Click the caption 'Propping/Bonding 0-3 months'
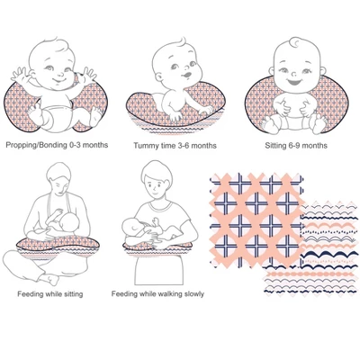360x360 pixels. [57, 145]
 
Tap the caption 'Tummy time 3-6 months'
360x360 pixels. [175, 146]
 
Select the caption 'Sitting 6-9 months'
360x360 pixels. [296, 146]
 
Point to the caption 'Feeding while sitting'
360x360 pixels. [50, 294]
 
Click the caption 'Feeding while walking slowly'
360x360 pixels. [157, 294]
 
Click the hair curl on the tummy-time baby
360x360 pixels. [182, 41]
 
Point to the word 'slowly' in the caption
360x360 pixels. [193, 294]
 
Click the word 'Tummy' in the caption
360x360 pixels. [144, 146]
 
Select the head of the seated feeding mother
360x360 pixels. [59, 179]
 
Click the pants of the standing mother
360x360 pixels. [158, 270]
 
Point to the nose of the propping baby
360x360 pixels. [59, 74]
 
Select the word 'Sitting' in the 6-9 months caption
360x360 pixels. [275, 146]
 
